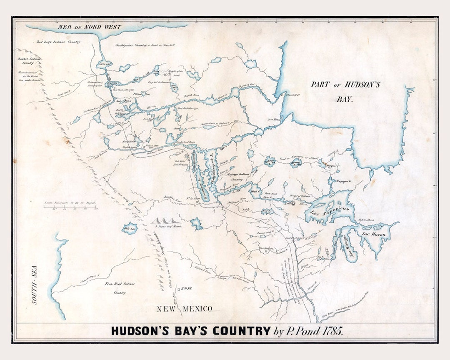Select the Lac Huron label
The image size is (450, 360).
374,235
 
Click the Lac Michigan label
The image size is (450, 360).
345,246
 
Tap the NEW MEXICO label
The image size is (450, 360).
184,309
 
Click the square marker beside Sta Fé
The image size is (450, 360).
178,289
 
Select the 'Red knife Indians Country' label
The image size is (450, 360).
58,42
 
